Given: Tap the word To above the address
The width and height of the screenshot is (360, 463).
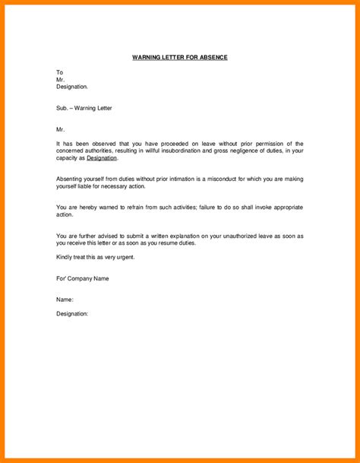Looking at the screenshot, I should point(61,72).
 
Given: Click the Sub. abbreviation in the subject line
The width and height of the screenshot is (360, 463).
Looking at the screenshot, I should point(63,108).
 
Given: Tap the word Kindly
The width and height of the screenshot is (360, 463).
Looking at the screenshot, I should point(66,257).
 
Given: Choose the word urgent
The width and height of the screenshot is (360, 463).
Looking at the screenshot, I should point(131,257).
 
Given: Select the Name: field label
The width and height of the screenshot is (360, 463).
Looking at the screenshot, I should point(65,300).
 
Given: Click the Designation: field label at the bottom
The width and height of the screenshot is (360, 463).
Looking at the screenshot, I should point(73,313).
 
